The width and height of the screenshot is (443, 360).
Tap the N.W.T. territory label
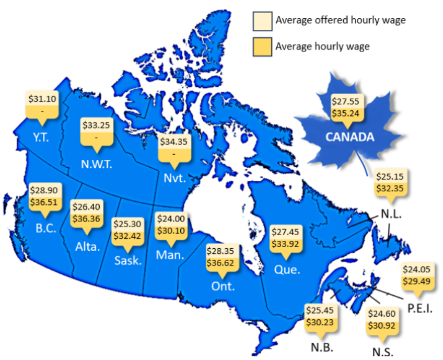(x=97, y=164)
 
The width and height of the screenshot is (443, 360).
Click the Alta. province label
(x=87, y=247)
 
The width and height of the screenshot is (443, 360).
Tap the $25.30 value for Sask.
(x=126, y=224)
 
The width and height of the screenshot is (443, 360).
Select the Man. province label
(x=170, y=256)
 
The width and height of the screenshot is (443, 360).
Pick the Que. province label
(x=287, y=270)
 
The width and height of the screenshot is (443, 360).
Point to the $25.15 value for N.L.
(x=390, y=176)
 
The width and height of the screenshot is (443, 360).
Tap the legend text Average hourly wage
(x=322, y=47)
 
